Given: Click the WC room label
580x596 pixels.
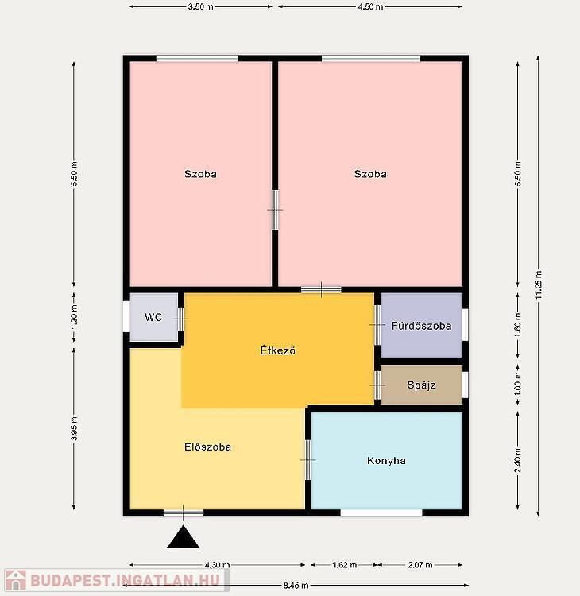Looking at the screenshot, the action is coord(153,317).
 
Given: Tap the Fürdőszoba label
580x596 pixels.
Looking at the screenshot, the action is coord(422,326).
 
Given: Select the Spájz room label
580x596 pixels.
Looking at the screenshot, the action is coord(421,385).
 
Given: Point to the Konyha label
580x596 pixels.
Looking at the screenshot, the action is coord(386,461).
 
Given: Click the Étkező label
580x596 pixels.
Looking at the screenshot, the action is coord(277,350).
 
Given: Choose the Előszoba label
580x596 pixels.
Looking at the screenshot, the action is coord(207,447).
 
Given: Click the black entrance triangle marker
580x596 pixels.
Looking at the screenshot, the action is coord(184,536).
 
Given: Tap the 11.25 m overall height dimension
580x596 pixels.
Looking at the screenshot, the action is coord(539,284).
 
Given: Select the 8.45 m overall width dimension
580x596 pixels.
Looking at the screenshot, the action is coord(296,586).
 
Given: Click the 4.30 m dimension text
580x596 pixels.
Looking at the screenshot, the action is coord(217,565).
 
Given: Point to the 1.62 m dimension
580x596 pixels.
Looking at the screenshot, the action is coord(344,565).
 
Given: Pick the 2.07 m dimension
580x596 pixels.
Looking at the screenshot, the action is coord(420,565).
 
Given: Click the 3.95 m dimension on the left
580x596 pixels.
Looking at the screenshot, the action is coord(75,429).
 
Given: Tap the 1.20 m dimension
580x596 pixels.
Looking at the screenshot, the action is coord(75,317).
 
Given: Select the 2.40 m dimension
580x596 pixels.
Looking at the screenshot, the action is coord(518,460).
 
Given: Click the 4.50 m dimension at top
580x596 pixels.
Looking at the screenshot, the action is coord(370,6).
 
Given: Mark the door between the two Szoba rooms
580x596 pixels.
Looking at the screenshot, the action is coord(275,210).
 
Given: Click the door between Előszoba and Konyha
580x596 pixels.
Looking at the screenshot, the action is coord(307,460).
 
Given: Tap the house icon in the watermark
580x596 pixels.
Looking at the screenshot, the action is coord(16,580).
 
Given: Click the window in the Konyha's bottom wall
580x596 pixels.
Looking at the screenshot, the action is coord(381,513).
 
